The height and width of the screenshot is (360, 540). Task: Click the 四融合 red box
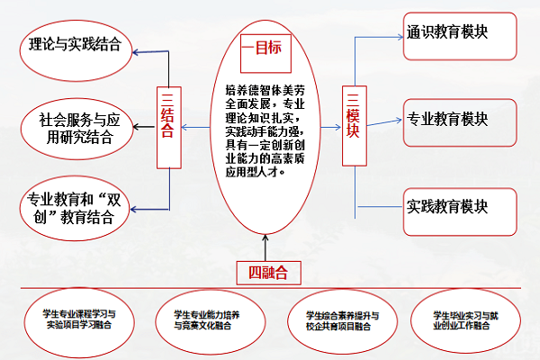[x=268, y=270]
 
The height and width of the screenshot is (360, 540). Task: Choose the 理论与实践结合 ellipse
[x=76, y=43]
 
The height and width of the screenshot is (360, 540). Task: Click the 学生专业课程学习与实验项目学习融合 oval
[x=79, y=319]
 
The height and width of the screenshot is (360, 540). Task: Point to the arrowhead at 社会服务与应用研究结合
[x=136, y=126]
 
